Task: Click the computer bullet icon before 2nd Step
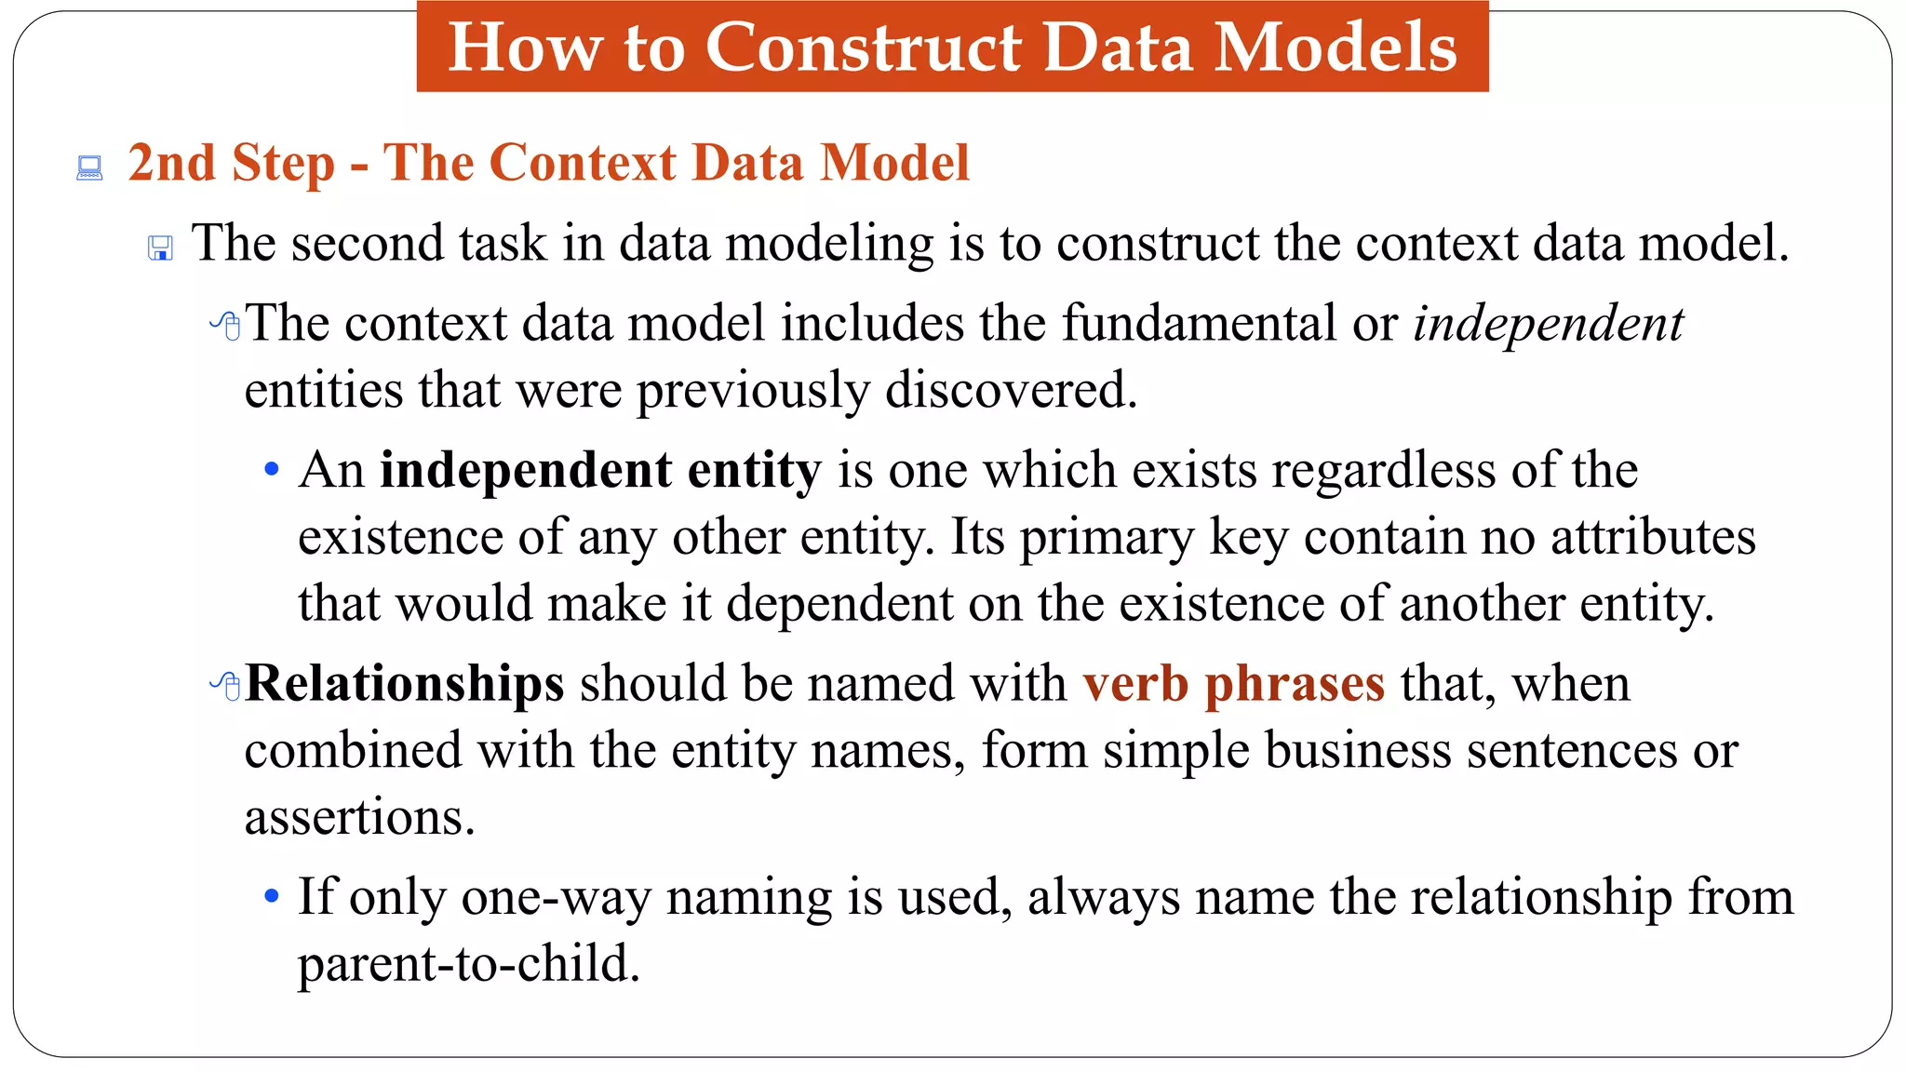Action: coord(89,168)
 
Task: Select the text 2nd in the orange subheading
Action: coord(171,163)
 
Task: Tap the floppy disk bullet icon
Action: coord(160,248)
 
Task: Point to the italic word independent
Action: coord(1548,324)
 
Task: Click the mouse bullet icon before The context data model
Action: coord(226,326)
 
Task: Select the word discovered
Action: coord(1011,390)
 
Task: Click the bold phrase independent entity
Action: coord(600,470)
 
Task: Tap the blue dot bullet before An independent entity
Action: coord(272,469)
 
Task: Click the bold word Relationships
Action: coord(405,684)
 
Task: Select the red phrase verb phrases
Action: coord(1233,684)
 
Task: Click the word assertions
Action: coord(359,818)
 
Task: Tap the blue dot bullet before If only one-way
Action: coord(272,897)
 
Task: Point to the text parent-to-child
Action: coord(468,964)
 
